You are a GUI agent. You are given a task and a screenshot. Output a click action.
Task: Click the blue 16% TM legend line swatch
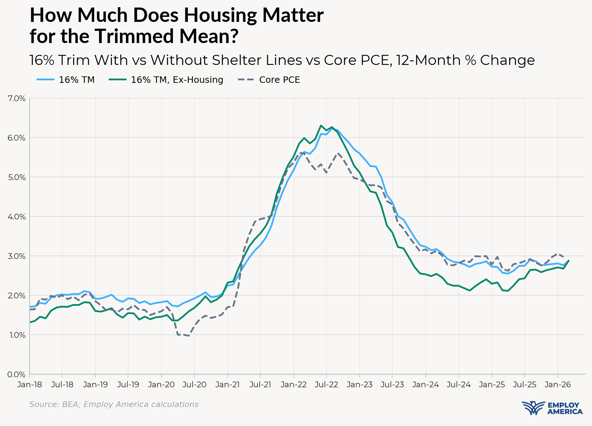coord(46,80)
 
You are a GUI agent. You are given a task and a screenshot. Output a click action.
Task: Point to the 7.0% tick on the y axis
coord(16,98)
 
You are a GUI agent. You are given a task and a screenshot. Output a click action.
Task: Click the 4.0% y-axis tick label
coord(16,217)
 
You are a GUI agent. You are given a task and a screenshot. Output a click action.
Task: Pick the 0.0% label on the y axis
coord(16,374)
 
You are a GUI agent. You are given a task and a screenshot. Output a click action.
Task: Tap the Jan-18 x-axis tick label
coord(29,385)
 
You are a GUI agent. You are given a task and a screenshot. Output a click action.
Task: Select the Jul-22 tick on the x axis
coord(326,385)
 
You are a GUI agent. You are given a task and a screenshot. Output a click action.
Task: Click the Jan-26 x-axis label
coord(558,385)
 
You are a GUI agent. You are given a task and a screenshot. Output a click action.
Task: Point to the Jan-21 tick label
coord(227,385)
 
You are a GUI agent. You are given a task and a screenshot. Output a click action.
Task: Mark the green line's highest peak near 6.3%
coord(321,126)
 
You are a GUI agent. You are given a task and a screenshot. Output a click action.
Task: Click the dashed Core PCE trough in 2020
coord(189,336)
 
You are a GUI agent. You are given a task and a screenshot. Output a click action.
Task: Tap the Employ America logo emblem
coord(533,408)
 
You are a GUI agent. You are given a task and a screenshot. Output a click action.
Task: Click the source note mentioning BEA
coord(114,404)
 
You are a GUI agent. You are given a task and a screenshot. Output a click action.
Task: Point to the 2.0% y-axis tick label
coord(16,295)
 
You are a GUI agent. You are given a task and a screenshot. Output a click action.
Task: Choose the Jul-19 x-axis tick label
coord(128,385)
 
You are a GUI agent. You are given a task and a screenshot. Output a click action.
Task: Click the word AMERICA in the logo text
coord(565,412)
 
